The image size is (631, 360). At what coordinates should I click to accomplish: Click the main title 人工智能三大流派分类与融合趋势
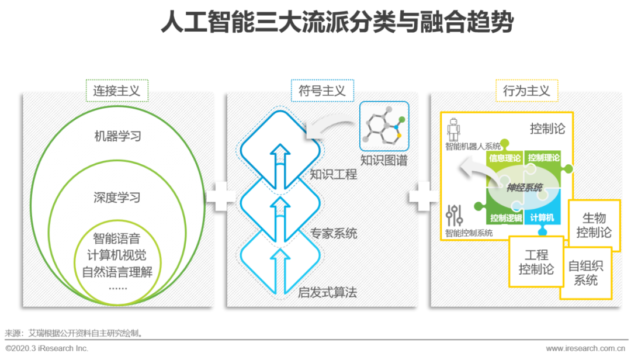point(338,24)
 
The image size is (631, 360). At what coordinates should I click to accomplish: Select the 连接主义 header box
point(117,91)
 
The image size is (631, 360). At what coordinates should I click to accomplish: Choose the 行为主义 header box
point(526,91)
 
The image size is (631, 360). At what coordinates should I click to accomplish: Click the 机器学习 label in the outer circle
point(117,136)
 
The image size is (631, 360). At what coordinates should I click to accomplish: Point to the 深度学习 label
point(117,197)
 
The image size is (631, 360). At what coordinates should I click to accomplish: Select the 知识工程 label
point(333,174)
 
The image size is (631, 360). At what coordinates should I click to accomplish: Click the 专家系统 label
point(333,234)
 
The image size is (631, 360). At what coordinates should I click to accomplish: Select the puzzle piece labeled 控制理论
point(543,157)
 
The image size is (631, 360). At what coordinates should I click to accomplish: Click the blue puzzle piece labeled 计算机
point(542,218)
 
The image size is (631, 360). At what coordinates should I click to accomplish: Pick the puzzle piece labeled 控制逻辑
point(505,218)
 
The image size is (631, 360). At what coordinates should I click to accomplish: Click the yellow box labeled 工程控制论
point(536,262)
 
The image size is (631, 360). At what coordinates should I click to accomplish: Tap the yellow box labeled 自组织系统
point(585,273)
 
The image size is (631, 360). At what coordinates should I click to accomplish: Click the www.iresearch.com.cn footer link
point(588,348)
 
